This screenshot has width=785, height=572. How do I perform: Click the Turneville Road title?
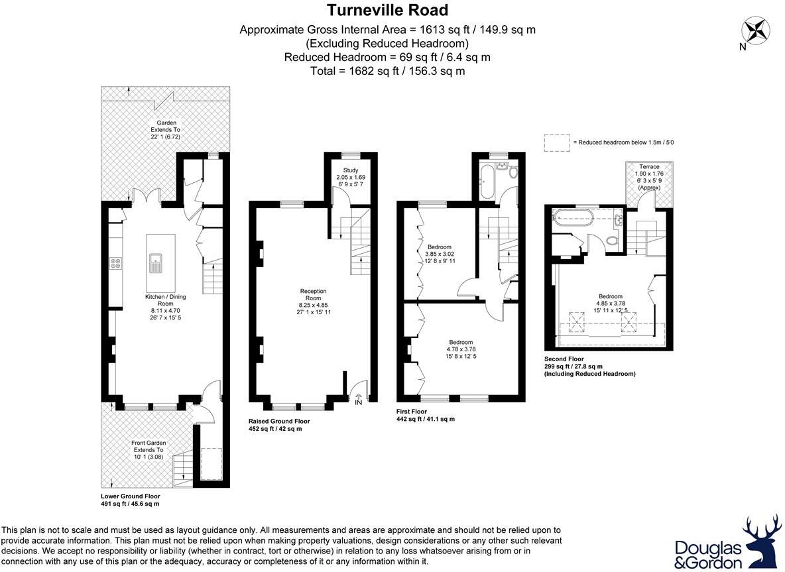coord(387,10)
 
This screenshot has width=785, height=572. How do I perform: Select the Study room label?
coord(351,170)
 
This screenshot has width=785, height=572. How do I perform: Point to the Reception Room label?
coord(314,294)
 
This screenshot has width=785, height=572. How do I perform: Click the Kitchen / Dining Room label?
coord(165,300)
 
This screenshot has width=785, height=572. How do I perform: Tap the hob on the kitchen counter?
coord(116,262)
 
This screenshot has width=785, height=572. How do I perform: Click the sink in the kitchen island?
coord(156,262)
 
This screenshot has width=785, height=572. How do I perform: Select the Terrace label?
coord(649,166)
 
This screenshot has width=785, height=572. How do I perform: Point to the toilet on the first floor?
coord(512,172)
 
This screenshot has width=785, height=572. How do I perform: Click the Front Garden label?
coord(149,443)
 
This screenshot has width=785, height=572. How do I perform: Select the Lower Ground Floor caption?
coord(131,496)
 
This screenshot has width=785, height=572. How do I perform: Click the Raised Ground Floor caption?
coord(279,422)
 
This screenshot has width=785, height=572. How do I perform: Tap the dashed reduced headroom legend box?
coord(557,143)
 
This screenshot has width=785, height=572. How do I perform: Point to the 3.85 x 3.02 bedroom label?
coord(440,254)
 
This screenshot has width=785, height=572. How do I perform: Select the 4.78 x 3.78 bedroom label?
coord(461,349)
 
